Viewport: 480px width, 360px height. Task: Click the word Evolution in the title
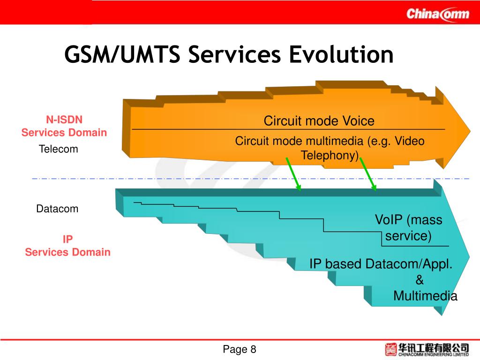(340, 54)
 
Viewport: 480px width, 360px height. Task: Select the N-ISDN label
(64, 120)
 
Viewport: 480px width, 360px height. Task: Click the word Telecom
(59, 150)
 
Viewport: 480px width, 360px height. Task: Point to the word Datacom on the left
(57, 209)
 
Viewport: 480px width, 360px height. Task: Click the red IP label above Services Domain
(68, 240)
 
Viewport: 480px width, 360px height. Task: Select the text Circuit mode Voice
(319, 121)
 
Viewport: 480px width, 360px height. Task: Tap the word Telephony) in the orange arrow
(330, 156)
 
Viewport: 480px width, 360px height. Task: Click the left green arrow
(293, 174)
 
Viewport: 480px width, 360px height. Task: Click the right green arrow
(368, 174)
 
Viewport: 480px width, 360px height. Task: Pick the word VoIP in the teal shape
(389, 220)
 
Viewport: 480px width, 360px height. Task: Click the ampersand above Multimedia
(420, 280)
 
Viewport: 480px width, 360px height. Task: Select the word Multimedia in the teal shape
(425, 296)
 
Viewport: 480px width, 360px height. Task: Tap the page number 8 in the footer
(254, 349)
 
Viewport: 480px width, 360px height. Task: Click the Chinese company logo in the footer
(427, 349)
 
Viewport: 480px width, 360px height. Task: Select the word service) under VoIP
(408, 236)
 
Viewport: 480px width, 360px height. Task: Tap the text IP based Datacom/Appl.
(381, 264)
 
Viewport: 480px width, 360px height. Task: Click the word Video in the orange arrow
(409, 141)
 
